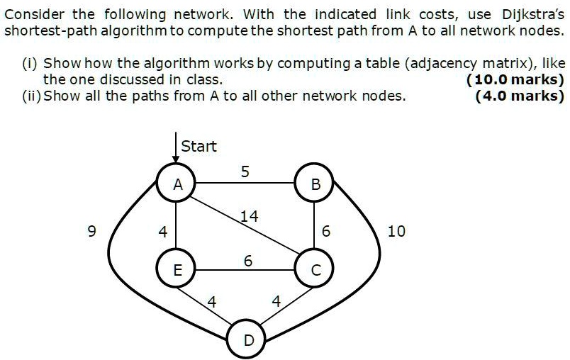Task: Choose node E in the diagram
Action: click(178, 270)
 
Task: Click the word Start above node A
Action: click(199, 147)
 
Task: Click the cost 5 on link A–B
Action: click(245, 171)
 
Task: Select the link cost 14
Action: click(249, 217)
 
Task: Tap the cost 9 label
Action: click(89, 230)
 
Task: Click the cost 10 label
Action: click(397, 230)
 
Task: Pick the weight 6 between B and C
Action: click(325, 230)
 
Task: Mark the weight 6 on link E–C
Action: click(247, 261)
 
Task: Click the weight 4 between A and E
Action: click(163, 230)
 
